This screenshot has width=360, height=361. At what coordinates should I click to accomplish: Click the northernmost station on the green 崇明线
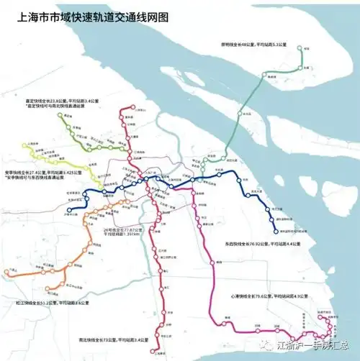[x=305, y=49]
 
